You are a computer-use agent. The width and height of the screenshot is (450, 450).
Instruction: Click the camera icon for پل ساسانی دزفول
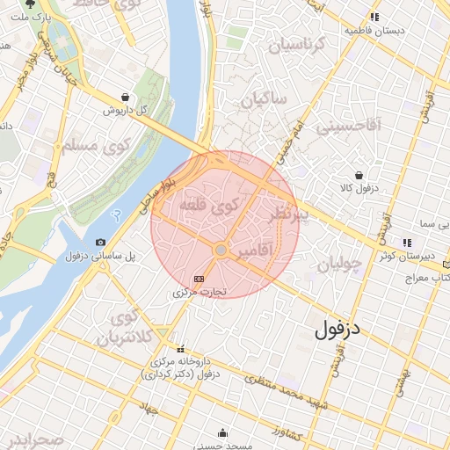click(100, 242)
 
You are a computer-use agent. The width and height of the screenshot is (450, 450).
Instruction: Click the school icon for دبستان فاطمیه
click(375, 17)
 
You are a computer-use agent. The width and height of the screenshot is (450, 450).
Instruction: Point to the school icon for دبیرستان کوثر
click(406, 242)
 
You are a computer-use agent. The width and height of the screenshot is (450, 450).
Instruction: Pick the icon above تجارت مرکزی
click(210, 278)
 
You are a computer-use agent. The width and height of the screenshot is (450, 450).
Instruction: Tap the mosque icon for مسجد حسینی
click(222, 432)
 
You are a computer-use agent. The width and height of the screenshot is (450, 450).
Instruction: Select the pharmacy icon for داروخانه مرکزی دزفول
click(180, 348)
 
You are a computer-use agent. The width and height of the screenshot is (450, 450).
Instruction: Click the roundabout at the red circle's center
click(221, 250)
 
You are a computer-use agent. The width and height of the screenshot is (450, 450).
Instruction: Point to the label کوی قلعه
click(208, 206)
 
